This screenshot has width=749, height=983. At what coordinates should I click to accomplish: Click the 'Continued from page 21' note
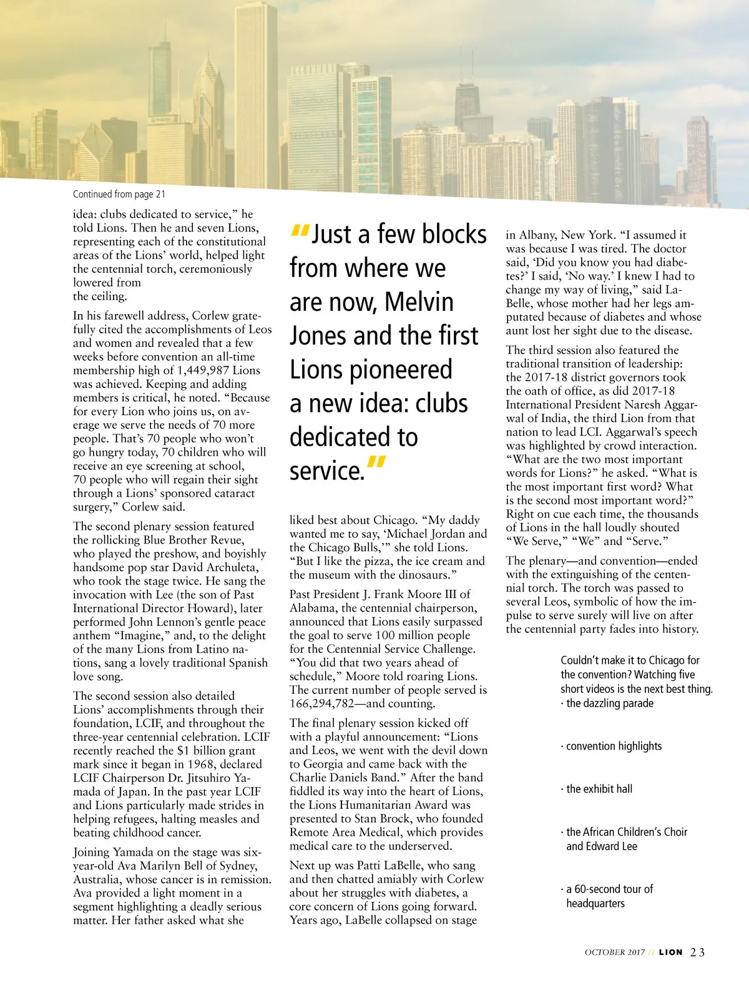click(x=119, y=194)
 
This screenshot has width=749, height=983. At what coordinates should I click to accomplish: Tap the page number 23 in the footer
click(x=697, y=952)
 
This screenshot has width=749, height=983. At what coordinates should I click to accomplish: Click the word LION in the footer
click(x=670, y=952)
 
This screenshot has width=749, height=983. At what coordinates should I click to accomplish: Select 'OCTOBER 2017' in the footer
click(x=614, y=952)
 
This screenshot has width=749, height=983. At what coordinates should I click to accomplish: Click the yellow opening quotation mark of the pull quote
click(x=300, y=231)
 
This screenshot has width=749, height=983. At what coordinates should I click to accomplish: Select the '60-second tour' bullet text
click(x=609, y=889)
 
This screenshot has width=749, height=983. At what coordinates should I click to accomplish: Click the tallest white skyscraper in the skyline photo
click(x=256, y=94)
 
